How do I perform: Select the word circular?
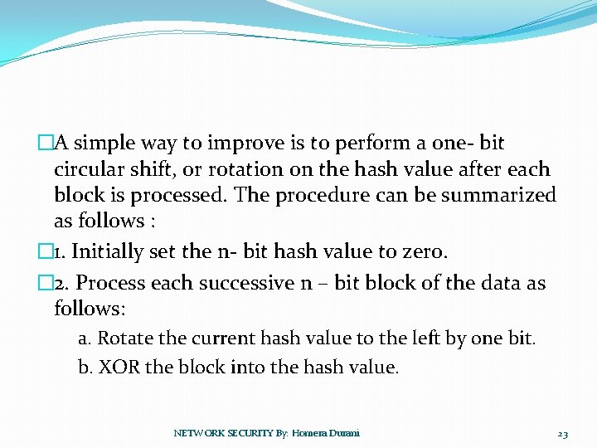pos(89,169)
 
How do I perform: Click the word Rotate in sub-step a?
pos(124,338)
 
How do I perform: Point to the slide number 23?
pos(563,434)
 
